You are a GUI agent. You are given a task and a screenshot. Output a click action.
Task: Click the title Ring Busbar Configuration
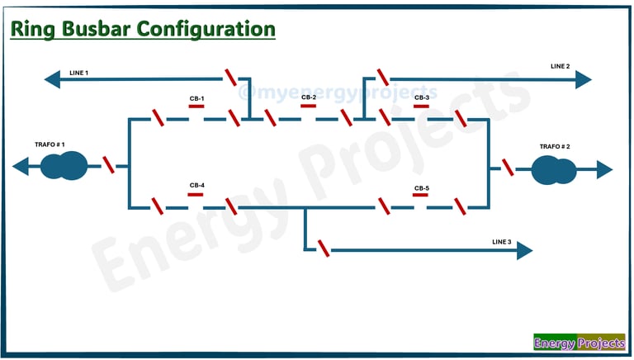click(142, 29)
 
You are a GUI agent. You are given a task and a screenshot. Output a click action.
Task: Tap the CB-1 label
click(196, 98)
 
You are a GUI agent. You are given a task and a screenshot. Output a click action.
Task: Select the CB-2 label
click(308, 97)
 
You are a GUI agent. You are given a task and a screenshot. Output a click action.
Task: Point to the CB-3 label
click(421, 97)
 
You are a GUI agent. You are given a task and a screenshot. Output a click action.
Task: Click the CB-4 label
click(196, 185)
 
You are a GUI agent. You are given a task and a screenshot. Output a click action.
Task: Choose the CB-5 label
click(421, 188)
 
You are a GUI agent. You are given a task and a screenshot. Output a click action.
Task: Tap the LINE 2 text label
click(560, 65)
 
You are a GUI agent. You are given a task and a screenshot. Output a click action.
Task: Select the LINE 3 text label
click(501, 242)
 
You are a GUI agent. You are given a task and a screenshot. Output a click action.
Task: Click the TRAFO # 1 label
click(50, 144)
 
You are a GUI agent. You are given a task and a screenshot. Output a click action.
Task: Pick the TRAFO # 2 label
click(555, 146)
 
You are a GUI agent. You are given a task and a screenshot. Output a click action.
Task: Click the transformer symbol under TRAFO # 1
click(64, 166)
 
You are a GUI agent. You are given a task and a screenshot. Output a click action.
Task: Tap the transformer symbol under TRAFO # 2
click(554, 170)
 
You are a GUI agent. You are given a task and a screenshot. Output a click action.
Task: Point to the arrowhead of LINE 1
click(51, 79)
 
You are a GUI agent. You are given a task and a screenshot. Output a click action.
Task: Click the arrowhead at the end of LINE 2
click(584, 79)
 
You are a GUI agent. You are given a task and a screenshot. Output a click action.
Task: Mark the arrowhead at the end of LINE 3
click(525, 251)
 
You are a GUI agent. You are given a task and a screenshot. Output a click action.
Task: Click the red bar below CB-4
click(196, 194)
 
